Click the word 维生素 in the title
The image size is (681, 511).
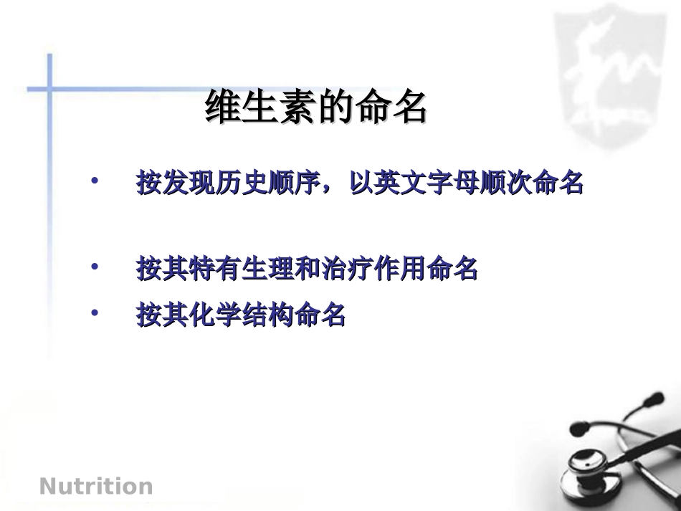click(260, 108)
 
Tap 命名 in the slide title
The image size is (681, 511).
click(399, 108)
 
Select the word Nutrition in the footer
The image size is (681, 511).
click(96, 487)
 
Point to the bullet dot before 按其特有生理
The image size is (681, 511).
click(94, 266)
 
